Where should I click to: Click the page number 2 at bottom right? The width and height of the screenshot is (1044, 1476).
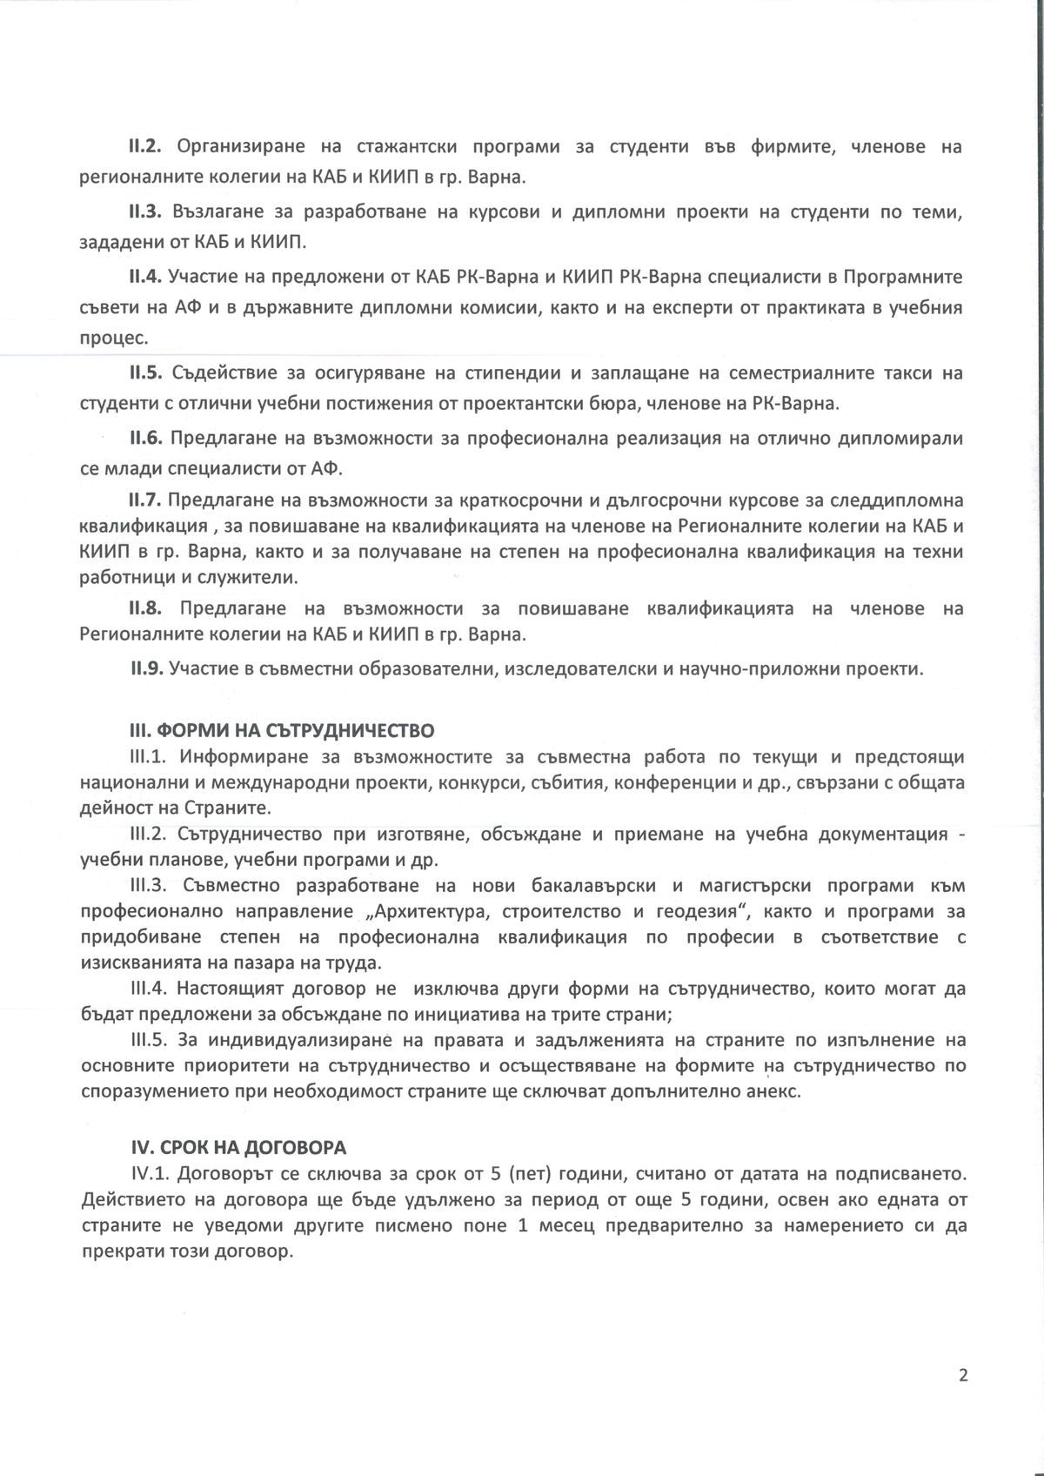pyautogui.click(x=962, y=1375)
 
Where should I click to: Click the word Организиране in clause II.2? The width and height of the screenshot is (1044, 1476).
pyautogui.click(x=242, y=146)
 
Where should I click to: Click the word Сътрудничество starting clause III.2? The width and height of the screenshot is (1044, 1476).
pyautogui.click(x=249, y=834)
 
